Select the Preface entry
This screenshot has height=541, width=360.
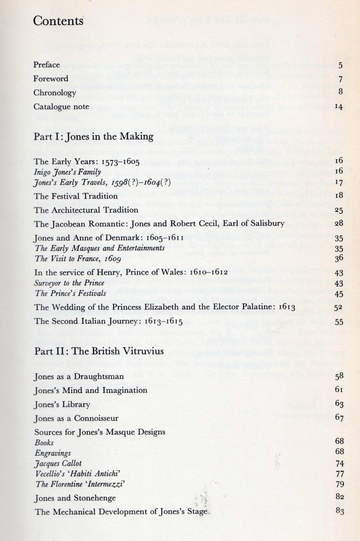(47, 65)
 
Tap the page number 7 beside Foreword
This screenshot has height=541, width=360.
(340, 79)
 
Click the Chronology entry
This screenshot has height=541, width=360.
(55, 92)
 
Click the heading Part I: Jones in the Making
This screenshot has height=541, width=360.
(93, 136)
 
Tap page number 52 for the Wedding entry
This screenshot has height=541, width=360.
(338, 308)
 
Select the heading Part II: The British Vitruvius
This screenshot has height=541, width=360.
(99, 351)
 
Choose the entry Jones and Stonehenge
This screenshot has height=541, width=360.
(75, 498)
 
